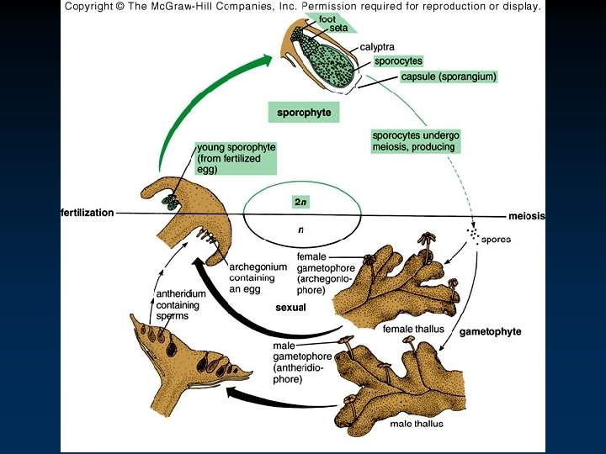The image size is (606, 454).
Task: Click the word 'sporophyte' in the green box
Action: [304, 112]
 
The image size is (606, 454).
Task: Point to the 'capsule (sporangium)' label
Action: [449, 77]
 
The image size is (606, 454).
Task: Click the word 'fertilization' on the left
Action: [87, 213]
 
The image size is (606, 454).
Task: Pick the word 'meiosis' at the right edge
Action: [526, 216]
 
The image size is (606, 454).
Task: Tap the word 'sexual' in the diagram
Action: [290, 308]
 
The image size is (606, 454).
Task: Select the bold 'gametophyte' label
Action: [490, 331]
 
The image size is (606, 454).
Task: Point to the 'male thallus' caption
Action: [417, 423]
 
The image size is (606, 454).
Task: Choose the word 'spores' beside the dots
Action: [496, 239]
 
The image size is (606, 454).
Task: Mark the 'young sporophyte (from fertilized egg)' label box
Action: [235, 157]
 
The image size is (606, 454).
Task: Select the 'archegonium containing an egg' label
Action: [258, 277]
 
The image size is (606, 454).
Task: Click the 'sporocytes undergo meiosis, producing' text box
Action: [416, 141]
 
